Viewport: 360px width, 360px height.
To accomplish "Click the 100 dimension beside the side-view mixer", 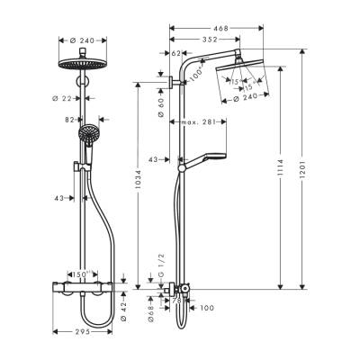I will pyautogui.click(x=208, y=309).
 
